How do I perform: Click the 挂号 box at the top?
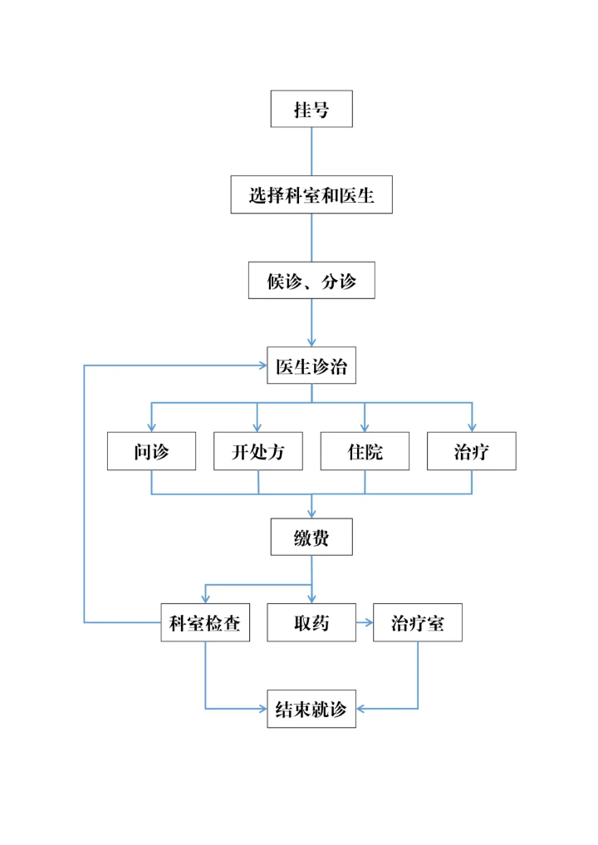point(311,109)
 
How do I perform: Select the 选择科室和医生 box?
point(311,195)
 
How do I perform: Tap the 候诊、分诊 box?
point(311,281)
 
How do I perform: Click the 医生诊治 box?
point(311,366)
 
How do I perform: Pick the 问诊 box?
point(151,452)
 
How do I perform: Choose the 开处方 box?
point(258,452)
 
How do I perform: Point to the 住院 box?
point(365,452)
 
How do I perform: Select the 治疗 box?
point(472,452)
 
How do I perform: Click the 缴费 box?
point(311,538)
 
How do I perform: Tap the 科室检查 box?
point(205,623)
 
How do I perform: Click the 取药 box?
point(311,623)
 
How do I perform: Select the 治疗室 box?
point(418,623)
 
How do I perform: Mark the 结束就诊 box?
point(311,709)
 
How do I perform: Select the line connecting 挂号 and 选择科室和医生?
point(311,152)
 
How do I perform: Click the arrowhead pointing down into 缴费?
point(311,513)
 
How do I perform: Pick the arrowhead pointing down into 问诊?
point(151,427)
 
